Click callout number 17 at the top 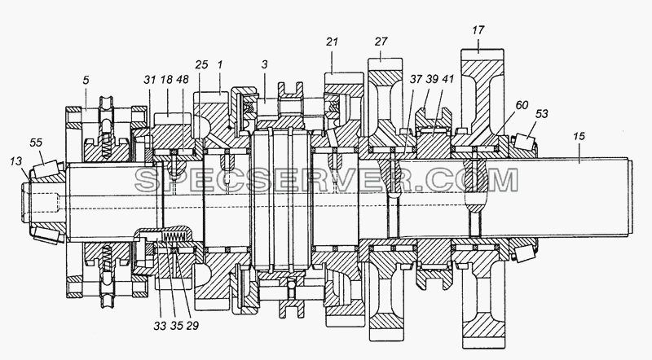(x=478, y=30)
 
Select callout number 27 (x=381, y=42)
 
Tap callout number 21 (x=332, y=42)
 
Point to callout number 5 (x=86, y=80)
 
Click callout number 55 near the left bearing (x=36, y=143)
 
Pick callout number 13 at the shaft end (x=15, y=161)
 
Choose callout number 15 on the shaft (x=579, y=136)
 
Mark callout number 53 (x=542, y=113)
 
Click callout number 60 (x=522, y=105)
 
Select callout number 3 (x=264, y=65)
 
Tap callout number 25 (x=201, y=65)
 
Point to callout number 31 (x=150, y=79)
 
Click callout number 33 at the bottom (x=160, y=326)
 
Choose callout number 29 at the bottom (x=192, y=326)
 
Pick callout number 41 (x=448, y=79)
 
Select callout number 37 (x=416, y=79)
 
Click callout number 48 (x=182, y=79)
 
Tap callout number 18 (x=166, y=79)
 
